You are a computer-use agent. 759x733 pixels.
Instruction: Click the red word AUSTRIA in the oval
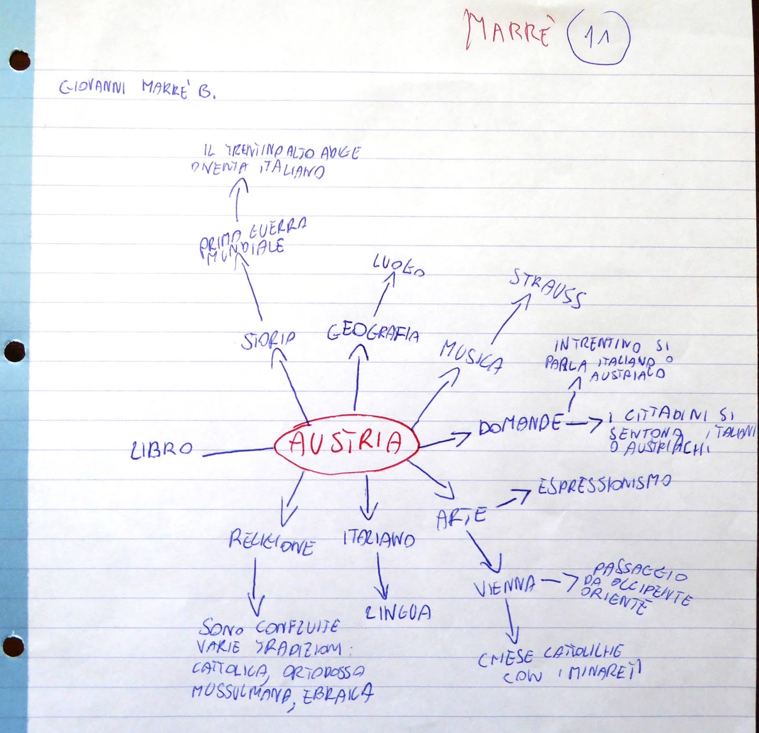pos(346,443)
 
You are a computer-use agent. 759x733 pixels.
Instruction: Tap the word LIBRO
pos(162,449)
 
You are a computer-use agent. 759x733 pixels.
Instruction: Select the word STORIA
pos(268,340)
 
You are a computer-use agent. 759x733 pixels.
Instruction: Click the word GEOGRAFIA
pos(373,333)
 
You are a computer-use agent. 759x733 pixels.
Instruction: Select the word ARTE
pos(461,517)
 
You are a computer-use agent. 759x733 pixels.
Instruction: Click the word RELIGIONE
pos(271,542)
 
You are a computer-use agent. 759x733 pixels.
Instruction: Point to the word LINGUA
pos(398,612)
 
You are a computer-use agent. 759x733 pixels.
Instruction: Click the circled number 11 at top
pos(598,37)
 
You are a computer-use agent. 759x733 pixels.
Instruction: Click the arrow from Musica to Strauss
pos(511,318)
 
